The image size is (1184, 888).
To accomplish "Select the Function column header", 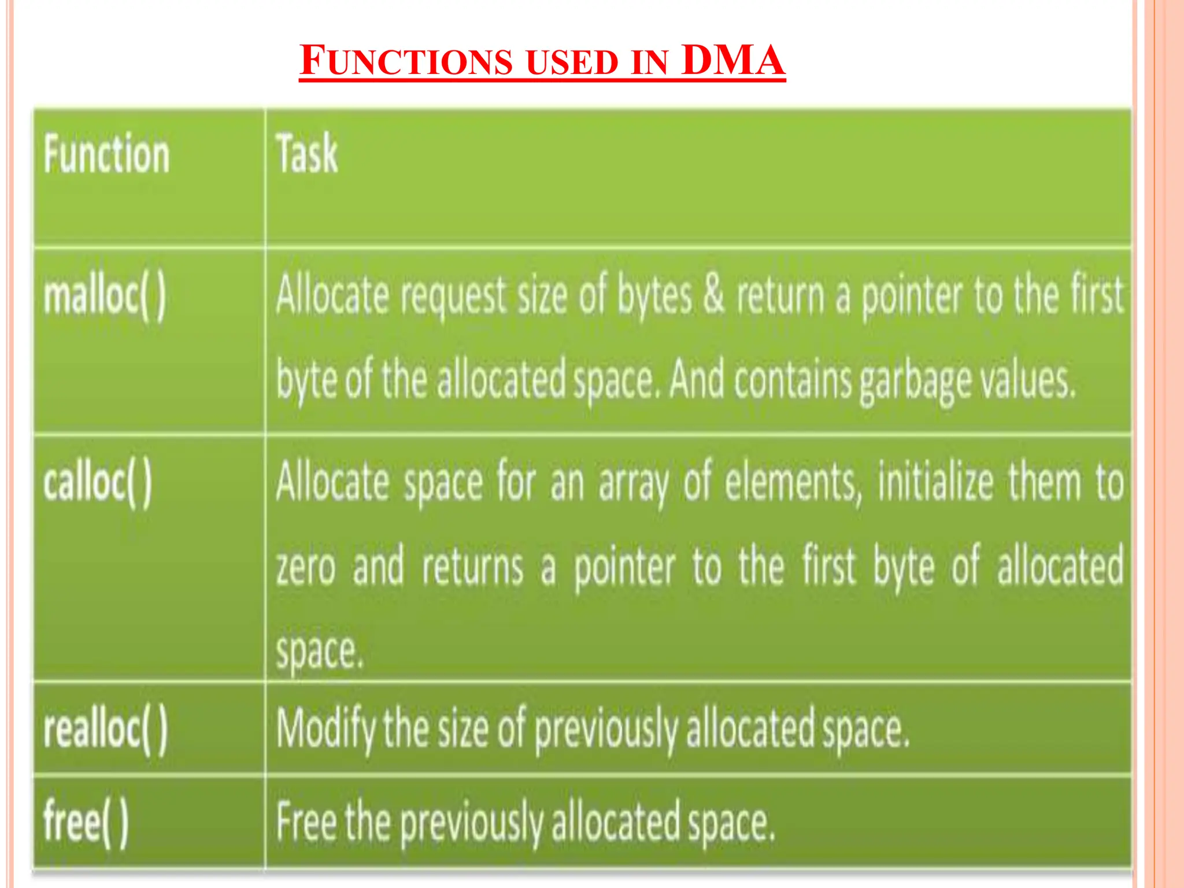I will (x=107, y=154).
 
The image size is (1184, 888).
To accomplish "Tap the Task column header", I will (x=306, y=154).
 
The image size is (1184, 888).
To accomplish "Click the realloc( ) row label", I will (x=106, y=729).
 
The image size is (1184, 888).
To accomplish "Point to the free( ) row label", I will (x=86, y=822).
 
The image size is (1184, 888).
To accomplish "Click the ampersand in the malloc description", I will (x=713, y=294).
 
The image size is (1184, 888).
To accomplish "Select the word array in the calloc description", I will (x=634, y=484).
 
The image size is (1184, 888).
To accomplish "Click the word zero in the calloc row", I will (x=306, y=567).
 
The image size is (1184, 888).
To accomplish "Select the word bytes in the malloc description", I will (x=654, y=297).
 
